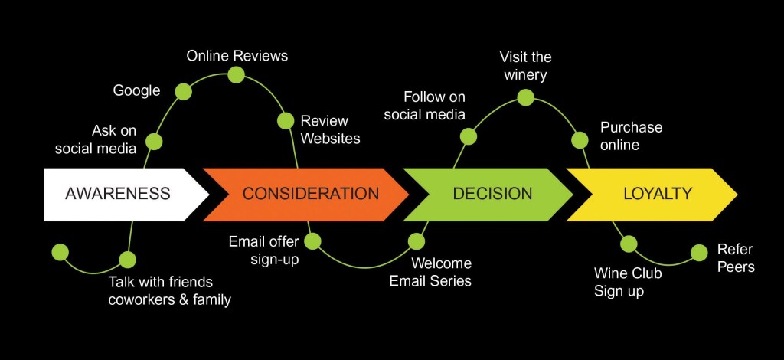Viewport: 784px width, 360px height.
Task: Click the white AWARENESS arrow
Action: (x=118, y=194)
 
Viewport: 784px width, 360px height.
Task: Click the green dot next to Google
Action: (x=183, y=92)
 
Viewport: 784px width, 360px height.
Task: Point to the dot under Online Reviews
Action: (x=236, y=74)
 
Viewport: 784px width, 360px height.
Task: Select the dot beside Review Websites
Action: (x=286, y=120)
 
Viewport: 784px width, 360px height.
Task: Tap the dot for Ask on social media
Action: (x=154, y=141)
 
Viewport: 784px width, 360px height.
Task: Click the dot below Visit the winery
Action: (x=525, y=97)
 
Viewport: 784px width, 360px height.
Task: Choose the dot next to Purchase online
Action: (x=580, y=139)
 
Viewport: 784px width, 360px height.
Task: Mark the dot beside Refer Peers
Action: (x=699, y=252)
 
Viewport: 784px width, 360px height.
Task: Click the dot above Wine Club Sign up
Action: (x=629, y=244)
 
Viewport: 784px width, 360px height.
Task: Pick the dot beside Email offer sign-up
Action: (x=313, y=241)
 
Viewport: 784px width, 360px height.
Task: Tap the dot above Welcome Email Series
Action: (x=416, y=241)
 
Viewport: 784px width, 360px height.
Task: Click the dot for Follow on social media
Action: (x=469, y=136)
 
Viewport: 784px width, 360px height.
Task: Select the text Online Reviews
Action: (x=237, y=56)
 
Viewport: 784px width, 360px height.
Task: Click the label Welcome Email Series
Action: (x=430, y=272)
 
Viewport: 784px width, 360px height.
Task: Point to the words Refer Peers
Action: (x=736, y=258)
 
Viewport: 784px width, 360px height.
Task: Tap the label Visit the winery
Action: (x=525, y=66)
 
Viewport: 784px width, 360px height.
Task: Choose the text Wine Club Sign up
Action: (x=628, y=282)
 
